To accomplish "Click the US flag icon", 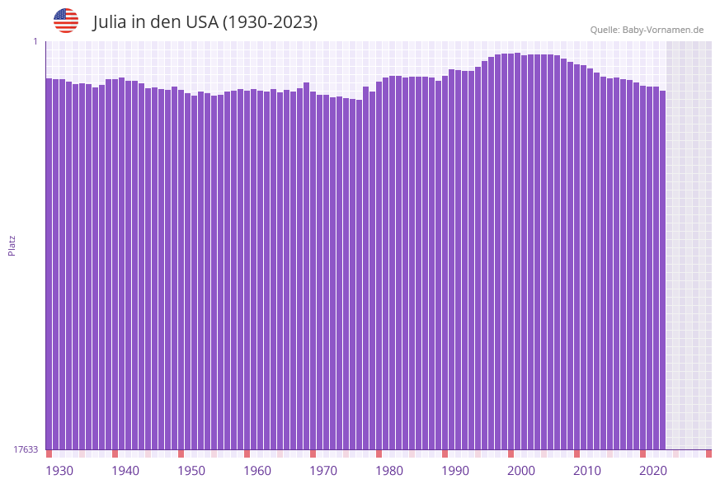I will click(x=66, y=21).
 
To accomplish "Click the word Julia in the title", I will click(x=111, y=22).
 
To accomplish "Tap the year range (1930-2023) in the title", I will click(x=270, y=22).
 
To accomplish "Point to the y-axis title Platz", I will click(x=12, y=245).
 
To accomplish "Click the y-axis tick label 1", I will click(x=35, y=41).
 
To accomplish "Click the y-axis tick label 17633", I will click(x=26, y=449).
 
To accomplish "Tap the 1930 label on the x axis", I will click(x=59, y=471).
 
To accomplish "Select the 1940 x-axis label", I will click(x=125, y=471).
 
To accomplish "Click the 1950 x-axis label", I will click(x=191, y=471).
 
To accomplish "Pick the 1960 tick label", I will click(x=257, y=471).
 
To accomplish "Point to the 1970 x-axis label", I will click(x=323, y=471).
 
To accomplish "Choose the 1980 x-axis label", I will click(x=389, y=471).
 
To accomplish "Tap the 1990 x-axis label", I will click(x=455, y=471).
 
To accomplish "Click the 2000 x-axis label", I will click(x=521, y=471).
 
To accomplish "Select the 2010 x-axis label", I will click(x=587, y=471).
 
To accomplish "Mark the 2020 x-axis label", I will click(x=653, y=471).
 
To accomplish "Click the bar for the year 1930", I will click(x=49, y=264).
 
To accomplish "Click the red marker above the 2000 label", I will click(x=511, y=453).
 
